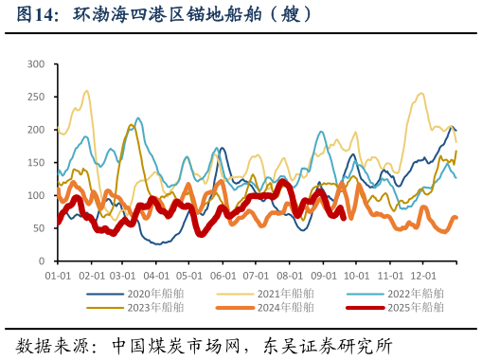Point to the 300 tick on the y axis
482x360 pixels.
point(37,64)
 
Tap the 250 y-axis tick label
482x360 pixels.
point(37,98)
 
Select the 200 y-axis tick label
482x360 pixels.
point(37,130)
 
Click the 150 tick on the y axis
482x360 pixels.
point(37,163)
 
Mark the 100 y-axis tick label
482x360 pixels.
point(37,195)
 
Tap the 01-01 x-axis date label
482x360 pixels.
point(58,276)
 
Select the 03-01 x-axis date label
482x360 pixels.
point(123,276)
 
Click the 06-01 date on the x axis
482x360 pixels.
point(223,276)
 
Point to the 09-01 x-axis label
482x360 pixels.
point(324,276)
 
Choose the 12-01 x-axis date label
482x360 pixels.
point(422,276)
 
